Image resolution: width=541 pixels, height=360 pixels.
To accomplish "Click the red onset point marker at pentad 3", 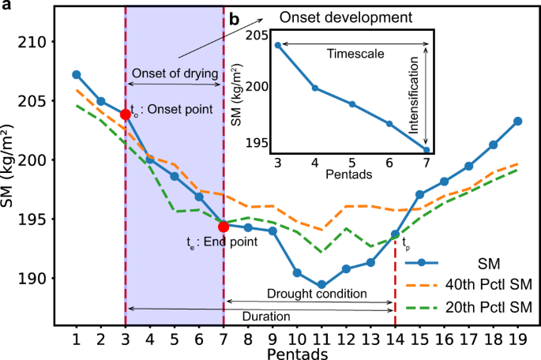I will [x=125, y=114].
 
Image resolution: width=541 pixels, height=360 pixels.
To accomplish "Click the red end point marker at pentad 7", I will [x=224, y=227].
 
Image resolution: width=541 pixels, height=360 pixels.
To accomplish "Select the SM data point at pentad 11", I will [x=321, y=285].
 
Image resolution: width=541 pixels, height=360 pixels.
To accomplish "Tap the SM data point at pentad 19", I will [x=517, y=121].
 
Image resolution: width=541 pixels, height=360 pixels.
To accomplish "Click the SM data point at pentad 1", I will [x=77, y=74].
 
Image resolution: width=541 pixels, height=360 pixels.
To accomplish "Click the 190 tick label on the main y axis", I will [x=37, y=278].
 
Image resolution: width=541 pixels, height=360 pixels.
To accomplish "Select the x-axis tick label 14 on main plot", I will [x=395, y=339].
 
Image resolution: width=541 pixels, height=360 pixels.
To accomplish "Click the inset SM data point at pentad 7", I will [x=426, y=150].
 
